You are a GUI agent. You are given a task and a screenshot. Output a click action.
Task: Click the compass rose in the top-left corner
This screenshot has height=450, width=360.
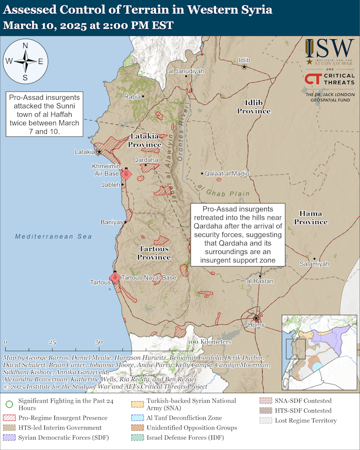pyautogui.click(x=25, y=61)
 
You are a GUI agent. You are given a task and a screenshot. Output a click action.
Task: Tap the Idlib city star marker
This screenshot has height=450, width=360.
pyautogui.click(x=244, y=67)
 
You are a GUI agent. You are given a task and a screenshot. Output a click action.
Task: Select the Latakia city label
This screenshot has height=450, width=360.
pyautogui.click(x=85, y=152)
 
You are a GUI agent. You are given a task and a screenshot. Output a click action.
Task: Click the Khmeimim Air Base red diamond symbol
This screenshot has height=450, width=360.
pyautogui.click(x=126, y=175)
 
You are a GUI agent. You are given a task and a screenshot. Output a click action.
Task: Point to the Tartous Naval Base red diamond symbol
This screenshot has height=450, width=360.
pyautogui.click(x=115, y=277)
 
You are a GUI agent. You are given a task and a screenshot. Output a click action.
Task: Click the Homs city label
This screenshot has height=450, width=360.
pyautogui.click(x=256, y=325)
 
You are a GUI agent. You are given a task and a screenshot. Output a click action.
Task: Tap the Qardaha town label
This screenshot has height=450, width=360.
pyautogui.click(x=145, y=160)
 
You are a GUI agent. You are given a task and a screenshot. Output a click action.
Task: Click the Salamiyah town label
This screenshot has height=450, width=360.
pyautogui.click(x=314, y=264)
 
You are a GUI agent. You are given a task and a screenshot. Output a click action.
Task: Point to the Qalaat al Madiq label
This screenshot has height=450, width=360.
pyautogui.click(x=227, y=174)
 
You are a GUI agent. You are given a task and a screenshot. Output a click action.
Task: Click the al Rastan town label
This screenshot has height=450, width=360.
pyautogui.click(x=260, y=281)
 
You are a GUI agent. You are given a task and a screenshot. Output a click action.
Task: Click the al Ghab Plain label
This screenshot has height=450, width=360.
pyautogui.click(x=223, y=191)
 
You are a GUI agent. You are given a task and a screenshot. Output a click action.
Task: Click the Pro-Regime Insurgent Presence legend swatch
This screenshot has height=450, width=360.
pyautogui.click(x=9, y=418)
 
